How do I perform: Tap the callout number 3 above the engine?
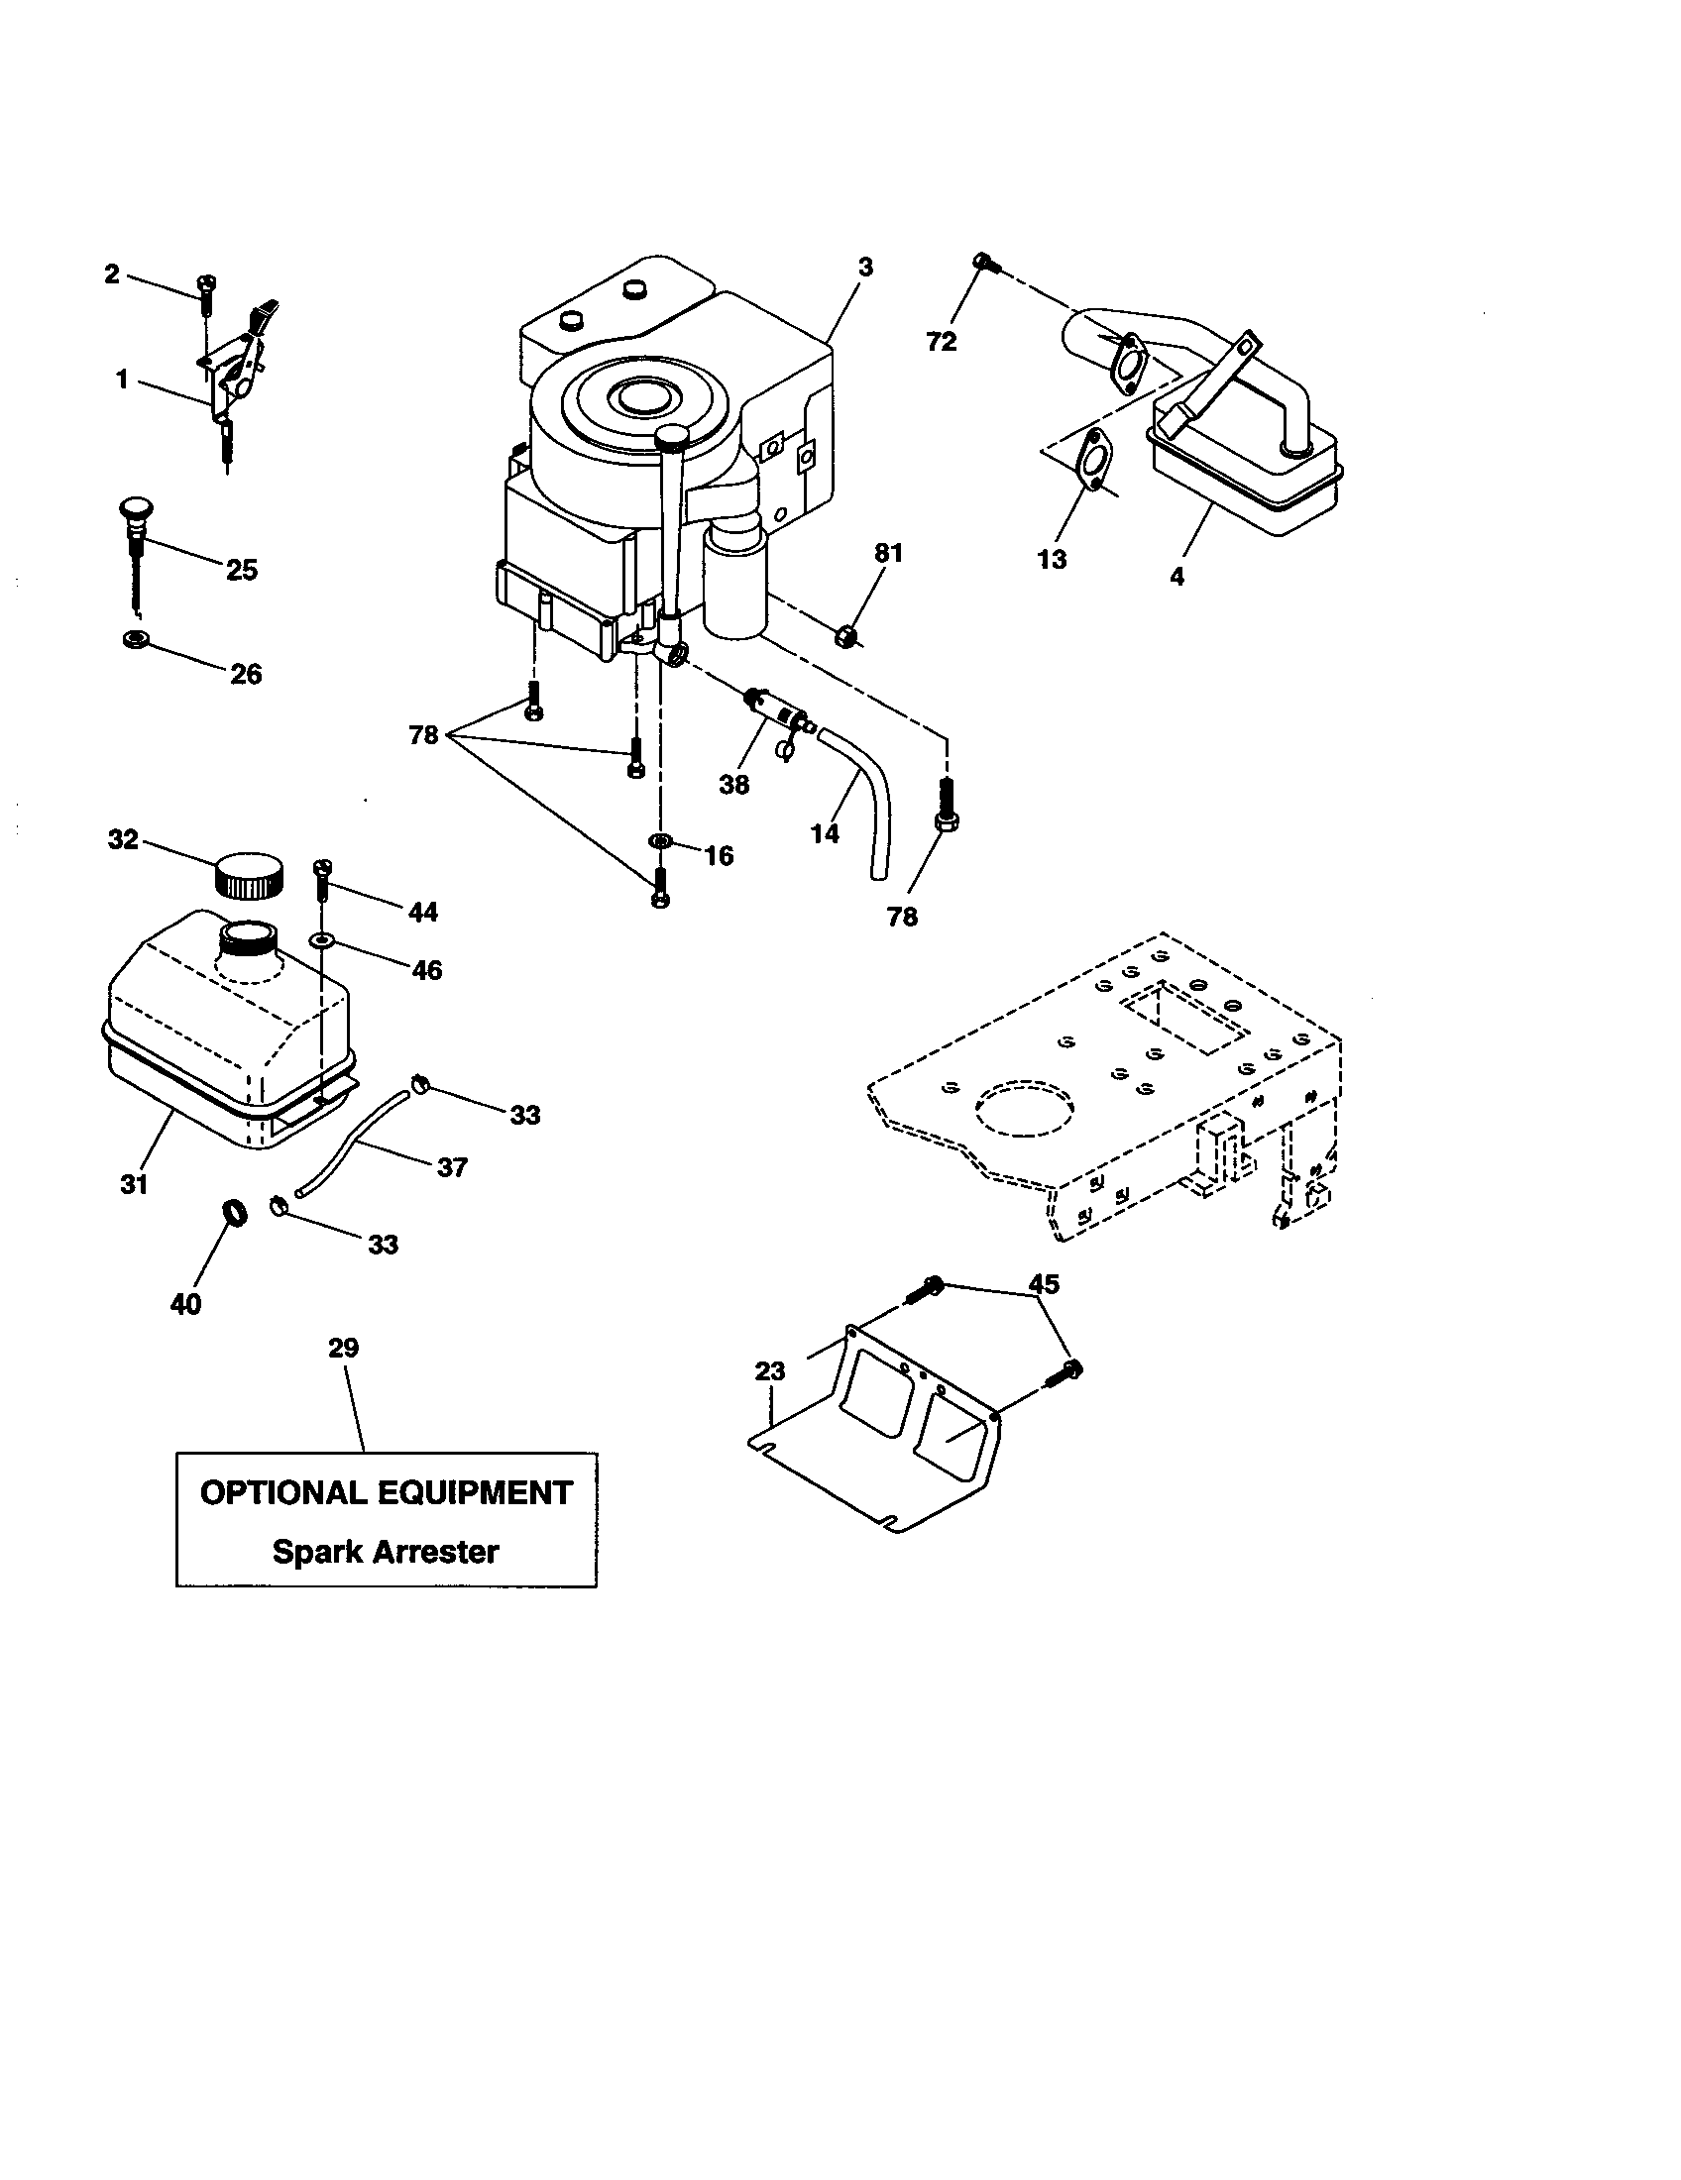click(x=865, y=268)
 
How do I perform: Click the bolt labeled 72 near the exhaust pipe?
click(x=984, y=263)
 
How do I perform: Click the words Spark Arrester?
click(x=386, y=1552)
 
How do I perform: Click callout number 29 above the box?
click(x=343, y=1349)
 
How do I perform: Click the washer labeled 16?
click(x=660, y=844)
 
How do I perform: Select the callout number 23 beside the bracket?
click(x=769, y=1371)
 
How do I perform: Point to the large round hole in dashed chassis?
click(x=1025, y=1109)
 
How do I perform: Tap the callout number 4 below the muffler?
click(x=1177, y=576)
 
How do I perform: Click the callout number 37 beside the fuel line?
click(x=452, y=1167)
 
